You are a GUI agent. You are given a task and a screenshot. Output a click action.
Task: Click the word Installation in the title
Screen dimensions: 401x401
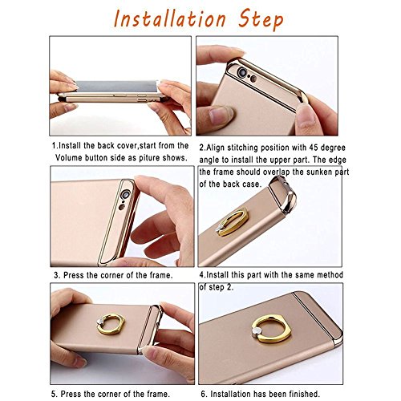170,18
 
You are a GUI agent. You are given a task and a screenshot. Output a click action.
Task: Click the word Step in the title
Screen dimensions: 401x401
261,19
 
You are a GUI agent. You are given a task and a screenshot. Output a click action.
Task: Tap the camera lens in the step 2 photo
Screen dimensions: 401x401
243,73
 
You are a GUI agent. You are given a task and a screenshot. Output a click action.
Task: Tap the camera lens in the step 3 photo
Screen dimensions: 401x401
125,195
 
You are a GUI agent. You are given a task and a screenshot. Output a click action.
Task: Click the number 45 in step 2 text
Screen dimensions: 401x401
314,148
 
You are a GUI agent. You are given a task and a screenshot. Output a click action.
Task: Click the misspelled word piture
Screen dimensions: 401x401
148,158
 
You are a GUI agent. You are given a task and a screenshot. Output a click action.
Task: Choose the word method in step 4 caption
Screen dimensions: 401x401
330,275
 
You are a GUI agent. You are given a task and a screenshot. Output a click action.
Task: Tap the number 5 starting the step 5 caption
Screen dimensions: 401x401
54,394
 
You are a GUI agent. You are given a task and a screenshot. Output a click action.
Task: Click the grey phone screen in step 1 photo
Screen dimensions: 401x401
118,86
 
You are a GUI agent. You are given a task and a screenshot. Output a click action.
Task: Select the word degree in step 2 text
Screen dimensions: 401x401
333,148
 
